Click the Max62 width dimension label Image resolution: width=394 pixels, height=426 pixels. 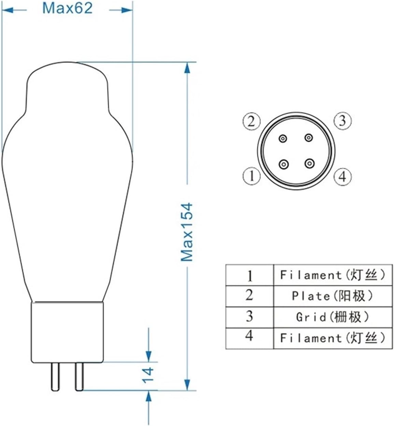(67, 8)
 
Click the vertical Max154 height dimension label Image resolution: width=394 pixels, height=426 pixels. (187, 232)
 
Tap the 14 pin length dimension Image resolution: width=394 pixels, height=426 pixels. (149, 375)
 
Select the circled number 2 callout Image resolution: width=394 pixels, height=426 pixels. (252, 121)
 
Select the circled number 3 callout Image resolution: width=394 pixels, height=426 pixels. (342, 121)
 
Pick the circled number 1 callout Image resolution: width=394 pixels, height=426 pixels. (252, 176)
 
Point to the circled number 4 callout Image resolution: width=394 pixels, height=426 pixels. (342, 176)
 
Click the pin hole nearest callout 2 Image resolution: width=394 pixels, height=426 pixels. (283, 138)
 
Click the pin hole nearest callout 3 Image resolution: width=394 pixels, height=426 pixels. (309, 138)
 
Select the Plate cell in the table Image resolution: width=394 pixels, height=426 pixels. (333, 296)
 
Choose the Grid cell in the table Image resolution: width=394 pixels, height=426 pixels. (333, 317)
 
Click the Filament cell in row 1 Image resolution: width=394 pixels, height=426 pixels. (333, 275)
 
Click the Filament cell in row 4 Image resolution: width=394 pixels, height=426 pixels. (333, 338)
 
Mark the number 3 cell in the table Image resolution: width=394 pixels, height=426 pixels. (250, 317)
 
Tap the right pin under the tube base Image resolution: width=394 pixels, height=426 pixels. (79, 377)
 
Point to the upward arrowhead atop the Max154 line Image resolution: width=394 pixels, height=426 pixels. (187, 68)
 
